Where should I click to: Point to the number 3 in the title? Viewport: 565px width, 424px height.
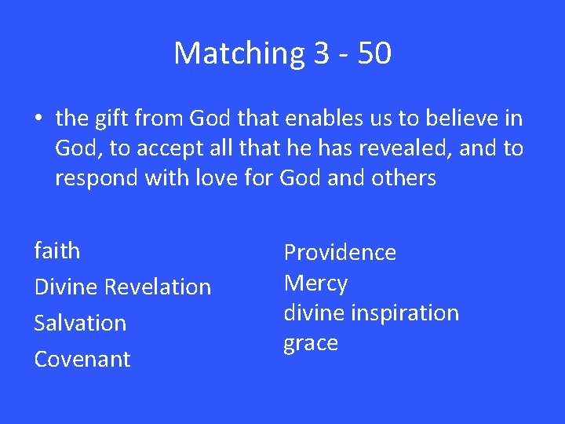pyautogui.click(x=321, y=53)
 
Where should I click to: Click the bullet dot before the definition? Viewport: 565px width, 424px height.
pyautogui.click(x=38, y=119)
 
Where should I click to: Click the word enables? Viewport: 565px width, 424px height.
pyautogui.click(x=306, y=119)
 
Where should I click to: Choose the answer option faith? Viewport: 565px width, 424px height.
pyautogui.click(x=57, y=251)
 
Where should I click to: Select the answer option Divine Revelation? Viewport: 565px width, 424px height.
pyautogui.click(x=122, y=287)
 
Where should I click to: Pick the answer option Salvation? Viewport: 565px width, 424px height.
pyautogui.click(x=80, y=323)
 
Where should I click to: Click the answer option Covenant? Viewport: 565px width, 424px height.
pyautogui.click(x=82, y=359)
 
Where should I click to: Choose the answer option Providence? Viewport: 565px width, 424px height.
pyautogui.click(x=340, y=252)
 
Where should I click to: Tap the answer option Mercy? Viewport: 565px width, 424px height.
pyautogui.click(x=315, y=283)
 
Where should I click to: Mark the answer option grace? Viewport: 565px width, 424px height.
pyautogui.click(x=311, y=344)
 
